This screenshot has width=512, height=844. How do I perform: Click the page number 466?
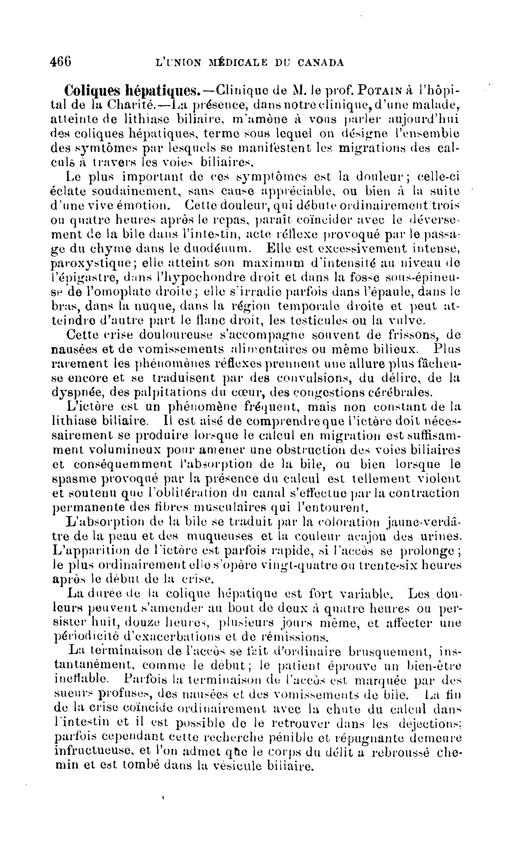[x=61, y=62]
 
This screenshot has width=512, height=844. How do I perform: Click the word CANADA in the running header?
[x=321, y=63]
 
